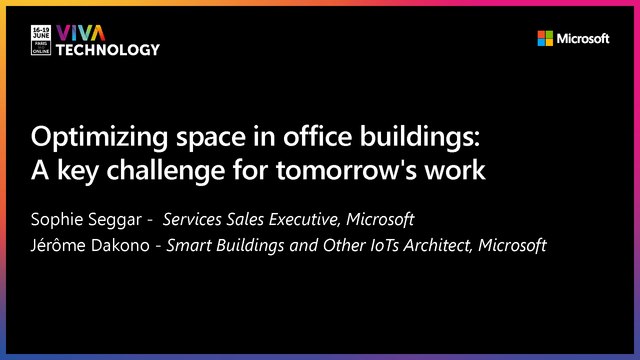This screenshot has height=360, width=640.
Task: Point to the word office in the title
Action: click(x=338, y=136)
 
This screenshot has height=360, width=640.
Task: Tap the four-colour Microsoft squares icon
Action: click(x=545, y=39)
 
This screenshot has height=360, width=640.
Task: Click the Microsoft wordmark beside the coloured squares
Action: click(x=583, y=39)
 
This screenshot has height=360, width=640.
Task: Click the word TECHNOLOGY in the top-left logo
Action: click(x=108, y=49)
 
